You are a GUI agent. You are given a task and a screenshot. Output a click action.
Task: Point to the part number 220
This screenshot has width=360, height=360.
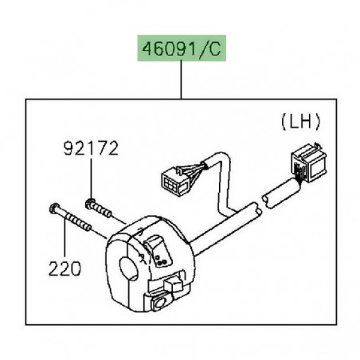63,269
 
